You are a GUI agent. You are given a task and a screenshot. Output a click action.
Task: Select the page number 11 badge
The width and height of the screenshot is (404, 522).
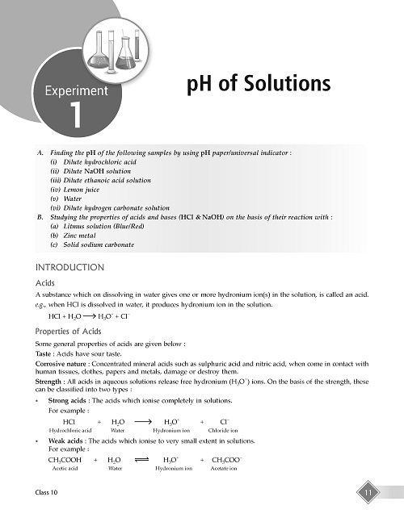pos(367,492)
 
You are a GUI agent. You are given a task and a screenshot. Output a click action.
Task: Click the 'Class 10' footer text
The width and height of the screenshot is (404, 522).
pos(48,492)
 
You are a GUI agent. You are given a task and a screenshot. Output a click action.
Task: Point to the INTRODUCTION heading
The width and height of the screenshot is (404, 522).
pos(70,267)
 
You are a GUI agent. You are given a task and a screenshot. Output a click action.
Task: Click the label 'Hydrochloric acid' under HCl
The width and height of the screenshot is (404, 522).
pos(70,431)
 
